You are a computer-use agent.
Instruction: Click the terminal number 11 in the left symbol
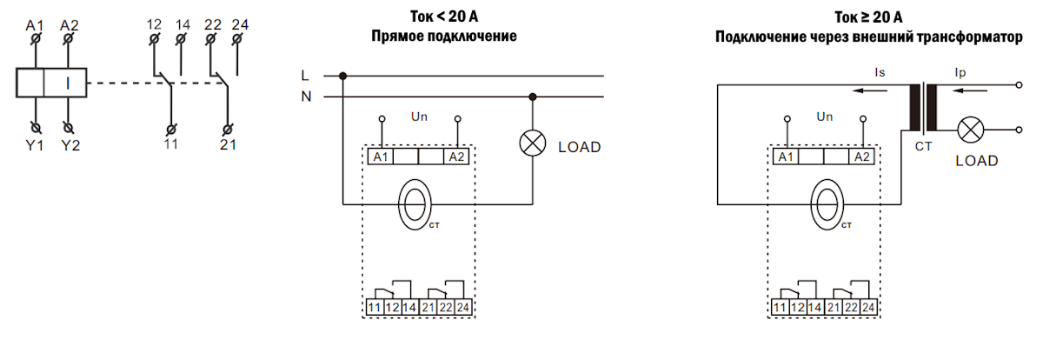(170, 144)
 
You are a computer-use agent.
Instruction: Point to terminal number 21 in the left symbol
(227, 144)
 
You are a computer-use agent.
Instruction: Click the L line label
(305, 76)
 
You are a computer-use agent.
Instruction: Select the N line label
(306, 97)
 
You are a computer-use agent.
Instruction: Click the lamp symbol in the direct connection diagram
(532, 144)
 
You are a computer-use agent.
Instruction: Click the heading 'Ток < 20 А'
(443, 17)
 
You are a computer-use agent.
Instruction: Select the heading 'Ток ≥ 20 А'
(869, 17)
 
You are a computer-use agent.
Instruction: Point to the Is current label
(881, 75)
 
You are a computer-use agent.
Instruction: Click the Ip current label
(960, 75)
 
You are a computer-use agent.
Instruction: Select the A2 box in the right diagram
(861, 157)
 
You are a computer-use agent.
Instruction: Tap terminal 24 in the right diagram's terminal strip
(867, 307)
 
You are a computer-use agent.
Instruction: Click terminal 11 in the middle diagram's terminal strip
(374, 307)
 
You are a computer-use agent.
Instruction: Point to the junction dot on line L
(343, 76)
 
